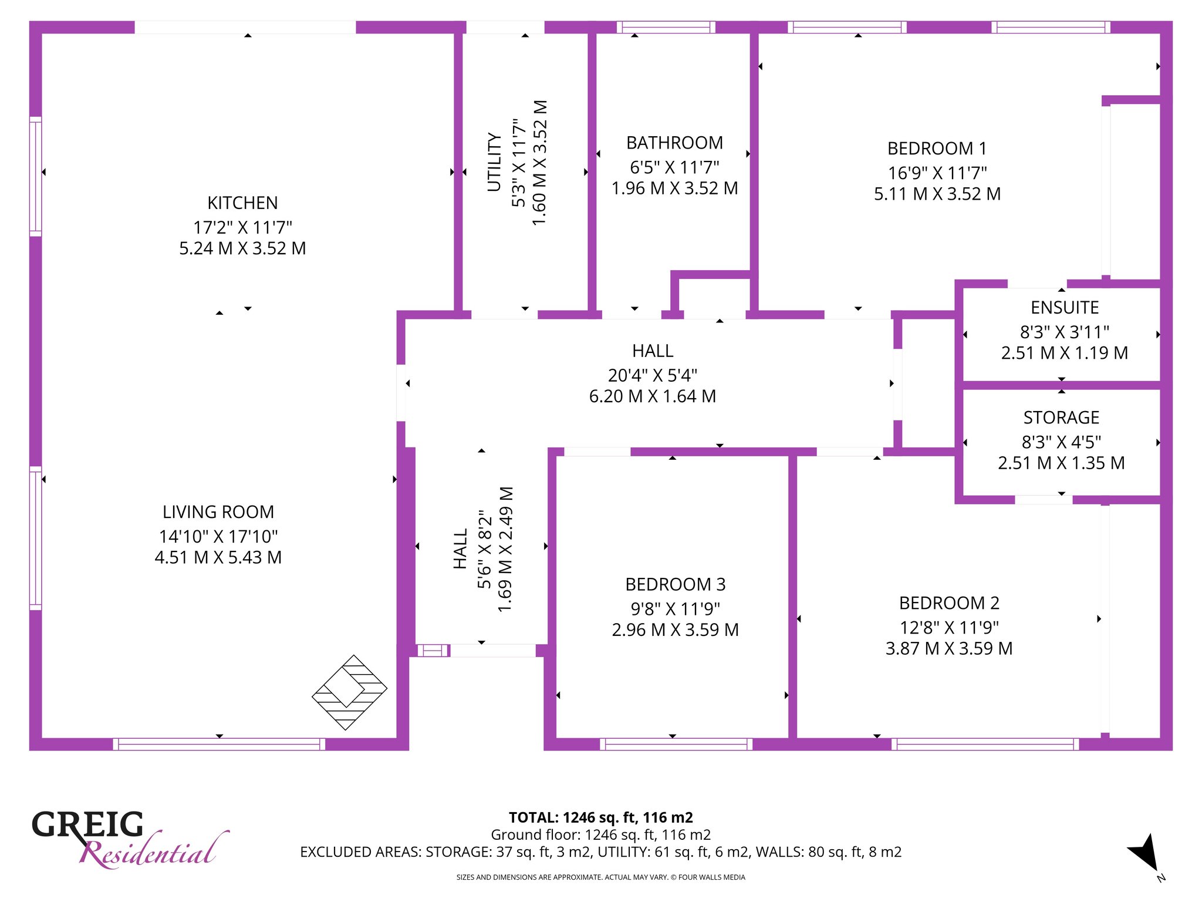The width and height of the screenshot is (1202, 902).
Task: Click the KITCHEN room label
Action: point(242,203)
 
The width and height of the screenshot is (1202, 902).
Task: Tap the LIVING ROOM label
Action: point(218,512)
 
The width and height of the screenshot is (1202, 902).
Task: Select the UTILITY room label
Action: point(495,162)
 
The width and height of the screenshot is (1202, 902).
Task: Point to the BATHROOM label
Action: point(674,143)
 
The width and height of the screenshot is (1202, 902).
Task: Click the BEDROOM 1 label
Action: point(937,149)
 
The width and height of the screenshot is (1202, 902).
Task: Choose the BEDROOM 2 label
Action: point(949,603)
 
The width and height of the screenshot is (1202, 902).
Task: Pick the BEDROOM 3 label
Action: point(675,584)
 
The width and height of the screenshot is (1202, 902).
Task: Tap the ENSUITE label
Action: point(1065,308)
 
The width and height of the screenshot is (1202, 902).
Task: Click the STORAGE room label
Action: point(1061,418)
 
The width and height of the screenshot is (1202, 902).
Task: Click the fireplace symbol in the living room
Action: point(349,693)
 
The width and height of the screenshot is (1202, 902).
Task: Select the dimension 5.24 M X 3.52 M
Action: point(242,248)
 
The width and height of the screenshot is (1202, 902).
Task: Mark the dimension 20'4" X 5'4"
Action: point(653,375)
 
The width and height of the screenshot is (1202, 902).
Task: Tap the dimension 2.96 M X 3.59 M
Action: point(675,630)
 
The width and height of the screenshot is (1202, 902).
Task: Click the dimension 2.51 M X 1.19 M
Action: point(1065,353)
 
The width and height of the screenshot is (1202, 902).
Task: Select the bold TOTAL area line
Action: point(601,817)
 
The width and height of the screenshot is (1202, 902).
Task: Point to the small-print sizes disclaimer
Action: point(601,877)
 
